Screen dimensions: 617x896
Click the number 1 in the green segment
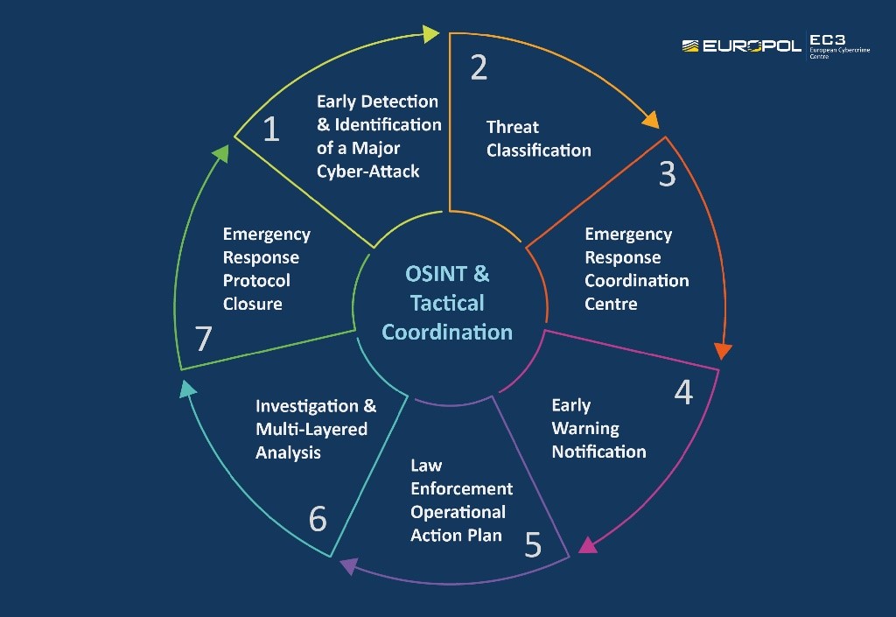[271, 130]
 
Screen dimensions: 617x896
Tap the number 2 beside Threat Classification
[479, 67]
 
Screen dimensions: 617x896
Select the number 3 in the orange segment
[668, 175]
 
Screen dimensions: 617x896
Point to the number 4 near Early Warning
[683, 392]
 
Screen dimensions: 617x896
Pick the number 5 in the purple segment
[533, 545]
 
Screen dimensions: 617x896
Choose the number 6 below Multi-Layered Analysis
[318, 519]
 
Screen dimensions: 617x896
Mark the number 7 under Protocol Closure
[204, 339]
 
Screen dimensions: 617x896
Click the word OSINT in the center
[435, 274]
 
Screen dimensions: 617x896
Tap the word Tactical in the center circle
[447, 303]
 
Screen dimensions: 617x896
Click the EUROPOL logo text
[752, 46]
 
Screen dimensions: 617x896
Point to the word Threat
[513, 127]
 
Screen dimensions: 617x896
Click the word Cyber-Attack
[368, 171]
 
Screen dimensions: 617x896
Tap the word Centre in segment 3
[611, 304]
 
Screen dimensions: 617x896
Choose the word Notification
[598, 452]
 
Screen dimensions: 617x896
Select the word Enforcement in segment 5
[461, 488]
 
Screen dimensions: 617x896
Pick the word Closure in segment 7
[252, 304]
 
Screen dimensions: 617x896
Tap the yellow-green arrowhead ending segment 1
[430, 34]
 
